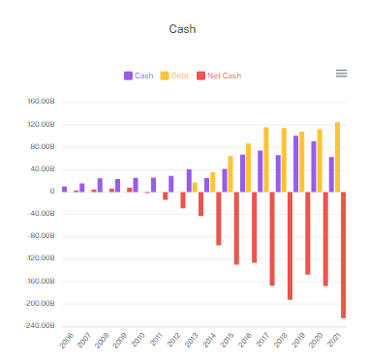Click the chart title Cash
[183, 29]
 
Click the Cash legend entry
[138, 75]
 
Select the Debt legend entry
[175, 75]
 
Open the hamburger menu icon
[341, 74]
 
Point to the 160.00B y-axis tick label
[40, 103]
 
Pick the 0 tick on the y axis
[51, 192]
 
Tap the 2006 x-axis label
[66, 341]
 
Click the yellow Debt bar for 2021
[337, 157]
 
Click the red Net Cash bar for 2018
[290, 246]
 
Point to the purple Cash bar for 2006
[65, 189]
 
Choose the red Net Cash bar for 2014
[219, 218]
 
